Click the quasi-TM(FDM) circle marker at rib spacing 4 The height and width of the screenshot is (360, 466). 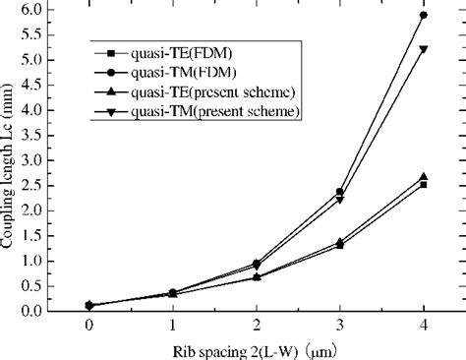(424, 15)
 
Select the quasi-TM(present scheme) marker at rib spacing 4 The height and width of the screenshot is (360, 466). (424, 49)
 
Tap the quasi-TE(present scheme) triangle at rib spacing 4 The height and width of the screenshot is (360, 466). (424, 177)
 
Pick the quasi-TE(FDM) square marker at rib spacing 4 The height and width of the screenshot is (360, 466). (424, 185)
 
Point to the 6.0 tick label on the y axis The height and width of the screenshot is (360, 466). (31, 10)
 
